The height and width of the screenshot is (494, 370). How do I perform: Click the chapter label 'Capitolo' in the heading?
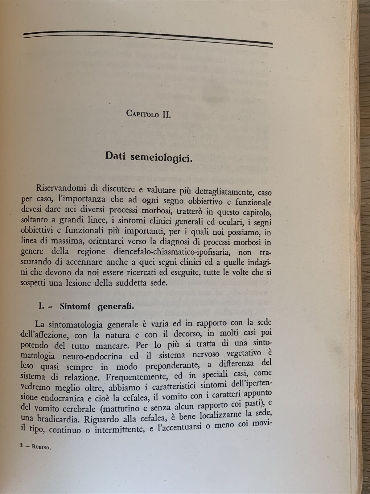pos(142,114)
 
